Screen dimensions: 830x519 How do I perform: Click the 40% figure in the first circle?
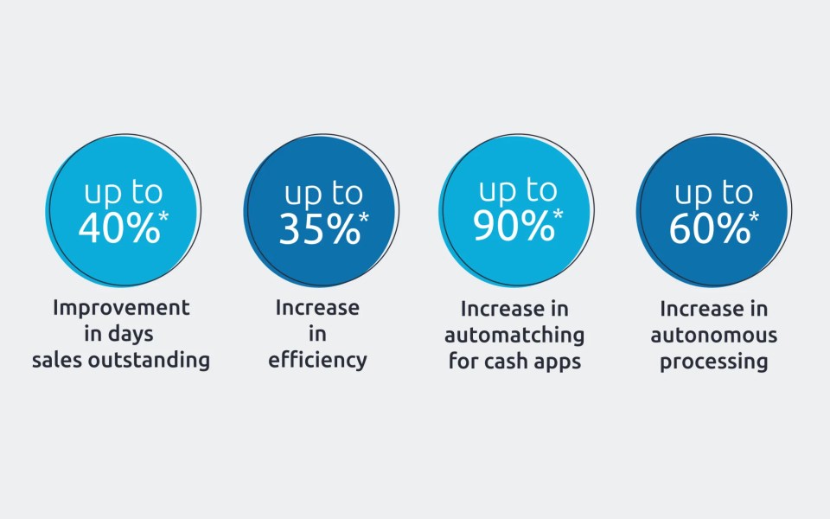[119, 228]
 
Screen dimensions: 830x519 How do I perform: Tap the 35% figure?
[319, 229]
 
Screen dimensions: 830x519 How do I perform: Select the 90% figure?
[514, 226]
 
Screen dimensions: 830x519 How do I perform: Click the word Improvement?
[121, 308]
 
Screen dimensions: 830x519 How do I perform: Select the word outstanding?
[149, 360]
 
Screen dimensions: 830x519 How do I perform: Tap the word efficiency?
[317, 361]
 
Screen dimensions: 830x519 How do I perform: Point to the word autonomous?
[714, 336]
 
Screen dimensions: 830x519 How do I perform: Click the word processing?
[714, 362]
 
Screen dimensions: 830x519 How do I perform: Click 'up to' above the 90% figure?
[518, 191]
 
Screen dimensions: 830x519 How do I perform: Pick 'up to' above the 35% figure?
[323, 194]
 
